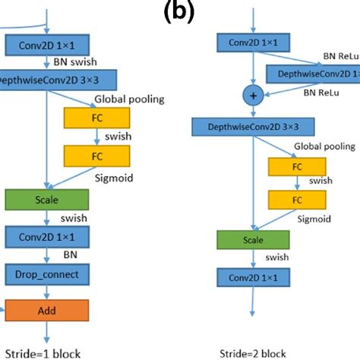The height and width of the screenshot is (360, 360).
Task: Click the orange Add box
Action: coord(47,310)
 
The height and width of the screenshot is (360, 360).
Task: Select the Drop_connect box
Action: coord(47,273)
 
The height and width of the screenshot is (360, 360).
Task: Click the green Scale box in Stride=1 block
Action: coord(47,199)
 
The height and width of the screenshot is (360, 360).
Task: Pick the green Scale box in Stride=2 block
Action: coord(253,239)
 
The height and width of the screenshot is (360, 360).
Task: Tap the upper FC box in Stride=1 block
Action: coord(97,118)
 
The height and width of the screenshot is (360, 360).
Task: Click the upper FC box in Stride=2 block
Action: coord(292,166)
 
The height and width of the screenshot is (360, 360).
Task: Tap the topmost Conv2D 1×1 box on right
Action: coord(253,43)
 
